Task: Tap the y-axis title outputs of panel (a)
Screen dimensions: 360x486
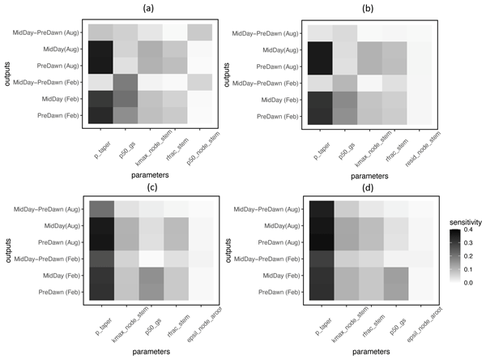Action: [6, 73]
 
